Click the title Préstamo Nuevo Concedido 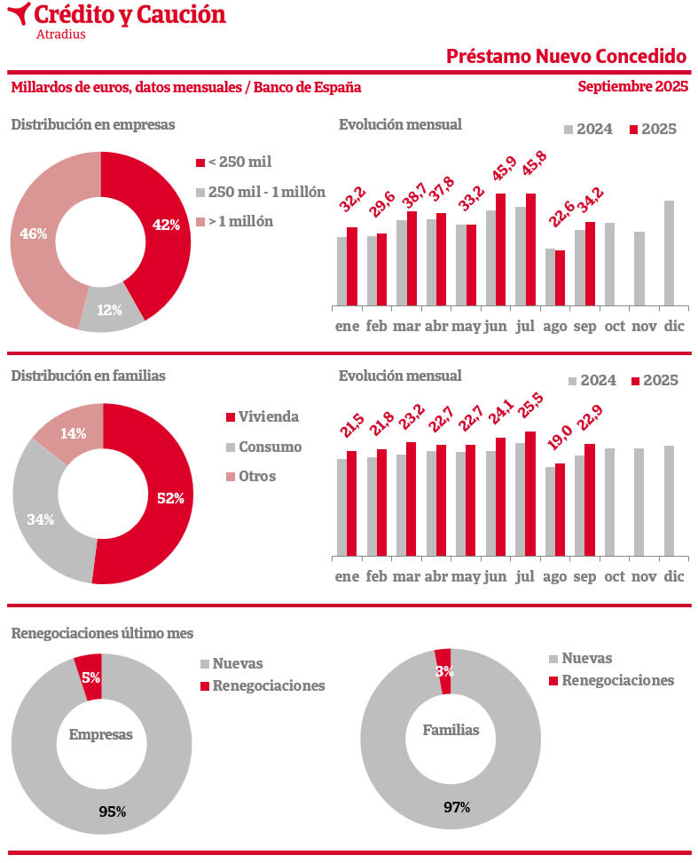click(x=567, y=56)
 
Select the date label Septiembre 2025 click(x=632, y=87)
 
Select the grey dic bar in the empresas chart click(x=669, y=253)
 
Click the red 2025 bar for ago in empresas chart click(x=560, y=278)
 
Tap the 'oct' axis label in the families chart click(x=616, y=577)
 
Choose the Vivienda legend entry click(x=263, y=417)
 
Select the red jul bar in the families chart click(x=530, y=494)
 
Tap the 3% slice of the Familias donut click(x=443, y=670)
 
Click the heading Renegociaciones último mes click(x=102, y=634)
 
